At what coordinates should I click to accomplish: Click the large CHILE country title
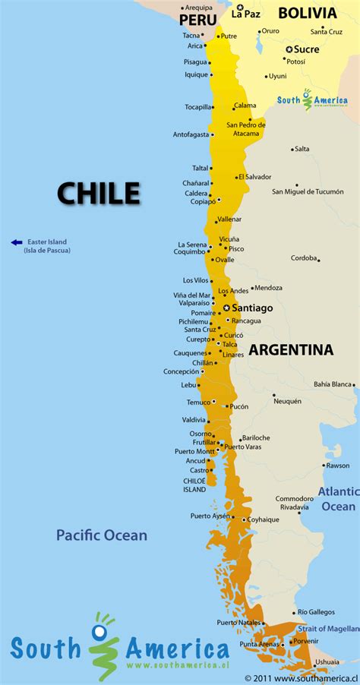[99, 193]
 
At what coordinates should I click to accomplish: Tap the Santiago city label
[252, 308]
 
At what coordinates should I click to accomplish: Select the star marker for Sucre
[289, 49]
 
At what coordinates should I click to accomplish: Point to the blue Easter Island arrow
[17, 242]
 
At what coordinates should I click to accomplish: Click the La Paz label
[246, 14]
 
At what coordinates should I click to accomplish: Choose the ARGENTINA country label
[291, 350]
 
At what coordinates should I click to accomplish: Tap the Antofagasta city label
[190, 135]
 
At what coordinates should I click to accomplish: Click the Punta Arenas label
[259, 644]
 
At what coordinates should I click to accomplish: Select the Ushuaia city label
[327, 661]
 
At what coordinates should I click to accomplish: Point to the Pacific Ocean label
[102, 535]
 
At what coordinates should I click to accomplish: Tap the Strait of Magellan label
[328, 629]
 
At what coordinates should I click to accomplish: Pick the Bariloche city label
[256, 437]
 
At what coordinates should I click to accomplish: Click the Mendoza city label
[268, 288]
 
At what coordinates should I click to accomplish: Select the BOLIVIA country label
[307, 13]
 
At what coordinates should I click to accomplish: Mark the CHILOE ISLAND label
[194, 485]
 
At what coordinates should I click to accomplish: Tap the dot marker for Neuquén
[274, 394]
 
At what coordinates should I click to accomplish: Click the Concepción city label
[181, 371]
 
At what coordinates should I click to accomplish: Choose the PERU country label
[197, 20]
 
